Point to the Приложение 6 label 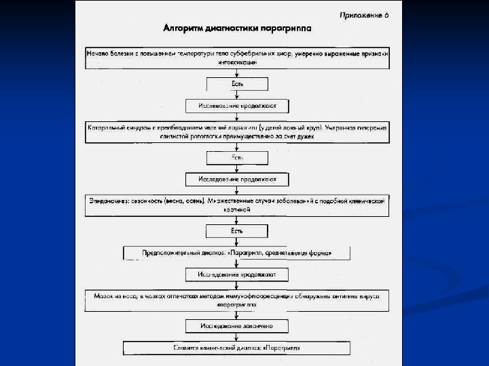365,14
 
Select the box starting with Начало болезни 237,57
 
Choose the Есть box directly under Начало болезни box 237,84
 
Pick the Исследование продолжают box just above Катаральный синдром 237,106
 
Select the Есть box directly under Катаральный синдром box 237,157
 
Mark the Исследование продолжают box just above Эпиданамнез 237,180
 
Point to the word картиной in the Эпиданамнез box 237,211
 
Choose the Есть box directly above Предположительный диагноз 237,230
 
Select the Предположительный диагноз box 237,253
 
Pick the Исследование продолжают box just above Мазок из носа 237,274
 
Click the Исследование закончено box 237,326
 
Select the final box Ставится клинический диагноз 237,348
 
